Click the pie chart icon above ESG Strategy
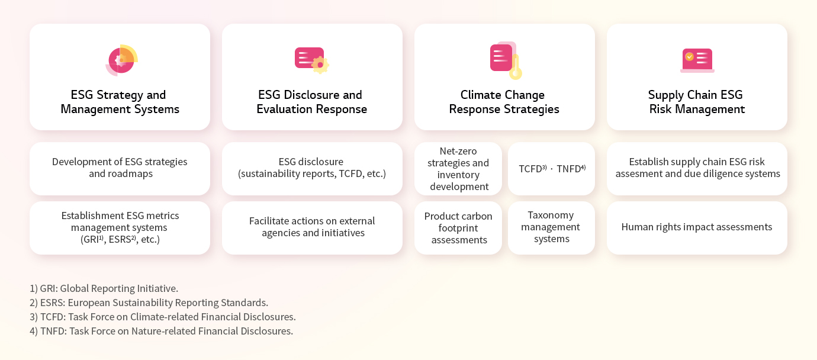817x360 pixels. pyautogui.click(x=121, y=60)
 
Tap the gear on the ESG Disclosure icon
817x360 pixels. pyautogui.click(x=320, y=65)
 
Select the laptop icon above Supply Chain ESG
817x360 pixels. pyautogui.click(x=697, y=60)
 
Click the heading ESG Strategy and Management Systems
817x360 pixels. pyautogui.click(x=120, y=102)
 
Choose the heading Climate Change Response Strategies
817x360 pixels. pyautogui.click(x=504, y=102)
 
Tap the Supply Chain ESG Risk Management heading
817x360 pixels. pyautogui.click(x=697, y=102)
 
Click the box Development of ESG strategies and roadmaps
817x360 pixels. pyautogui.click(x=120, y=169)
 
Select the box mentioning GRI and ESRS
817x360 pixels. pyautogui.click(x=120, y=228)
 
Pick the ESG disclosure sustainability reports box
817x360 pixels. pyautogui.click(x=312, y=169)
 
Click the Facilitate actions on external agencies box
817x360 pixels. pyautogui.click(x=312, y=228)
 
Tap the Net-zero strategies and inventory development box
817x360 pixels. pyautogui.click(x=458, y=169)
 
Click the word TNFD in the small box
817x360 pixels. pyautogui.click(x=568, y=169)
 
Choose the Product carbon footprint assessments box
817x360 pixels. pyautogui.click(x=458, y=228)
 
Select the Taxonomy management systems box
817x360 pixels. pyautogui.click(x=552, y=228)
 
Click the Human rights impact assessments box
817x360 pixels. pyautogui.click(x=697, y=228)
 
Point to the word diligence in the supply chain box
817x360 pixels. pyautogui.click(x=718, y=173)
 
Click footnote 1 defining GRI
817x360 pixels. pyautogui.click(x=104, y=288)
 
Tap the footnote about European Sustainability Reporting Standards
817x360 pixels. pyautogui.click(x=149, y=303)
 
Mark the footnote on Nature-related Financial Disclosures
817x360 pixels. pyautogui.click(x=161, y=331)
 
